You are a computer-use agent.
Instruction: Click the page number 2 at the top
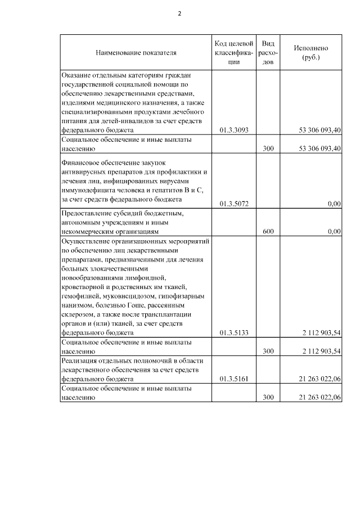pos(179,13)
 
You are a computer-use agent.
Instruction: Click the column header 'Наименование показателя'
pos(136,53)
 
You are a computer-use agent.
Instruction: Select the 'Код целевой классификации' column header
pos(233,53)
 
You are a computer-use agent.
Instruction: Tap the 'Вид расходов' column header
pos(268,53)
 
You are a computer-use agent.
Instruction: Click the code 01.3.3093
pos(233,130)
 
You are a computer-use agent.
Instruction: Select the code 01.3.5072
pos(233,204)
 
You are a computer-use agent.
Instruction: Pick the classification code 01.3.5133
pos(233,333)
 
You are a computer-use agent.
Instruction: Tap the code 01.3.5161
pos(233,379)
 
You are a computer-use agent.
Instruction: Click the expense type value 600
pos(268,231)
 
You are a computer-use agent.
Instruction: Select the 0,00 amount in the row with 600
pos(334,231)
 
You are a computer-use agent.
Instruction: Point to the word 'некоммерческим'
pos(89,231)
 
